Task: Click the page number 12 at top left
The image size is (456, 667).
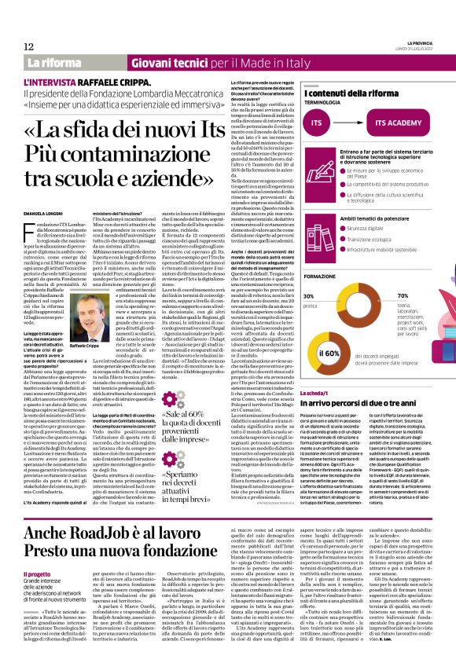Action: point(29,46)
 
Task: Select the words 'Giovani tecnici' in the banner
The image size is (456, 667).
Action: point(153,62)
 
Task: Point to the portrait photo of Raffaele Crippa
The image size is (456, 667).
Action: point(95,282)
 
